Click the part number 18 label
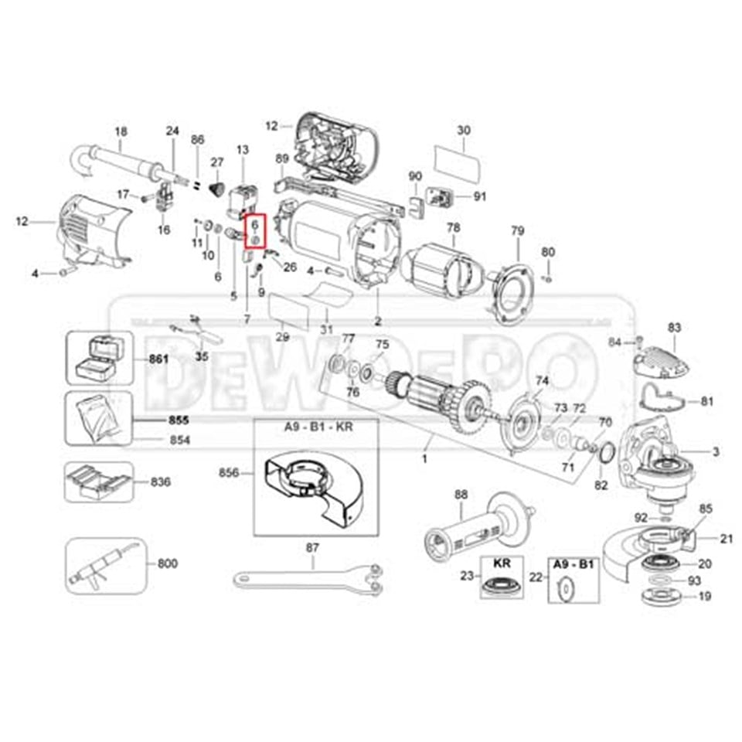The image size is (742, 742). tap(121, 131)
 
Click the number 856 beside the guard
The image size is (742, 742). tap(230, 472)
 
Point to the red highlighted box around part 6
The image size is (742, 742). tap(255, 230)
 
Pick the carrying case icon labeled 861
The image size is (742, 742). tap(96, 359)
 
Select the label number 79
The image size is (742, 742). tap(517, 231)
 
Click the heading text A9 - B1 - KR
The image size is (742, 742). tap(317, 427)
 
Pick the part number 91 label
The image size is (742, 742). tap(480, 196)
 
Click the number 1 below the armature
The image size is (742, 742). tap(424, 459)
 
